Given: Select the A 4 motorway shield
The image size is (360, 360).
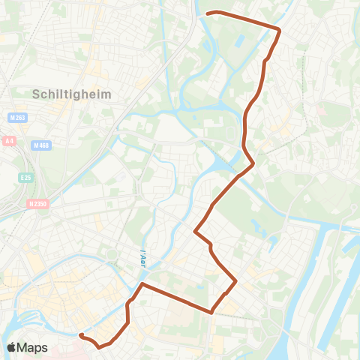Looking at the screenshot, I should coord(9,140).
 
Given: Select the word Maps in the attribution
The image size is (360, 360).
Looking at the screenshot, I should coord(34,347).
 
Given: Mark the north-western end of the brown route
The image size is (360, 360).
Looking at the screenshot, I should coord(208,13).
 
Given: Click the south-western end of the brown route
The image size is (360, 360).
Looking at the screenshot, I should coord(79,335).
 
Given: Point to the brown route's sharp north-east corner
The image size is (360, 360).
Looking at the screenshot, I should coord(279,30).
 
